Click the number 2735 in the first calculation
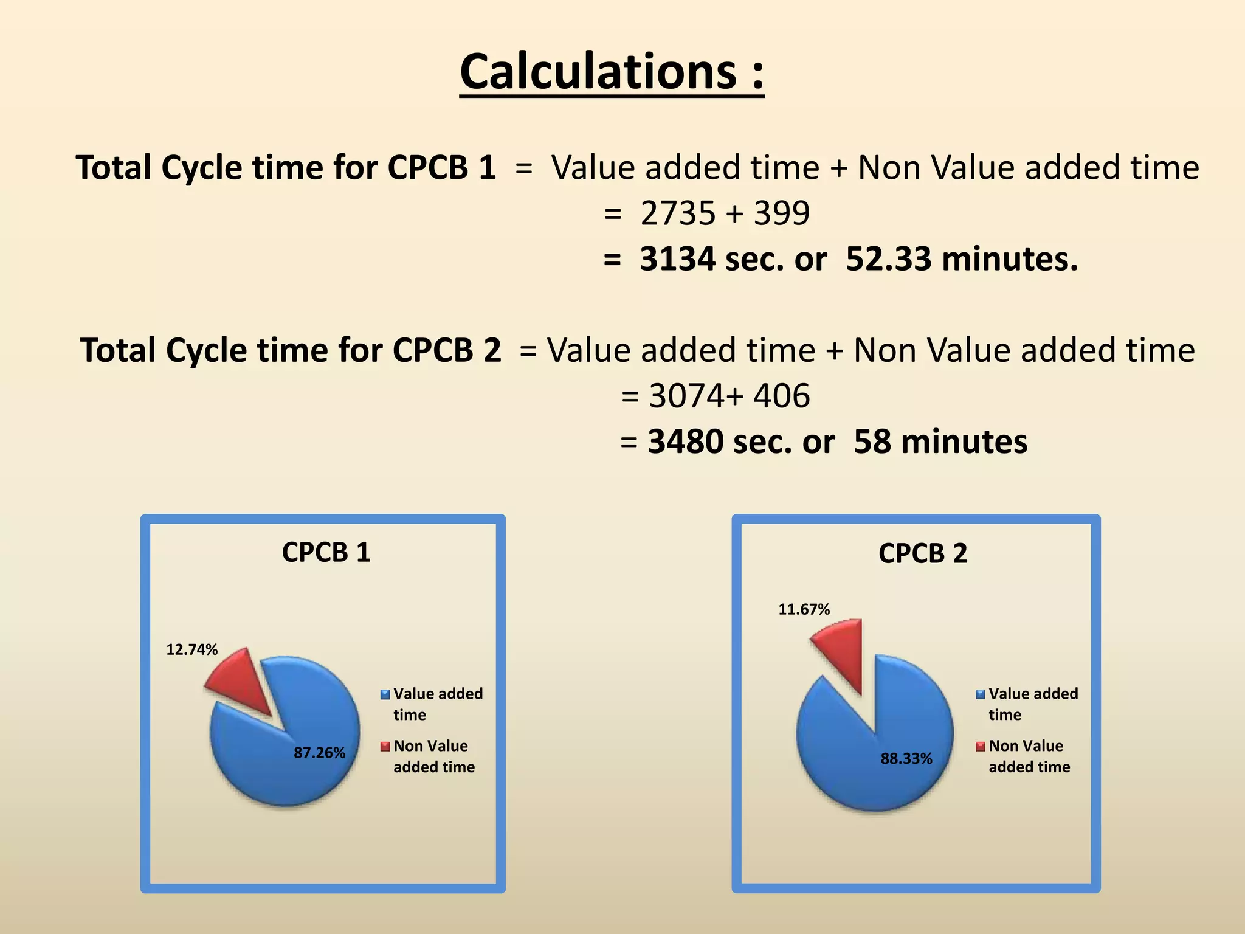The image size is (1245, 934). [x=678, y=213]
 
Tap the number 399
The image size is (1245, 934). [x=782, y=213]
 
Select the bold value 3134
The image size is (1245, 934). [x=678, y=259]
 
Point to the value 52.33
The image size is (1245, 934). [x=888, y=259]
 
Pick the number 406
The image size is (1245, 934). [x=782, y=396]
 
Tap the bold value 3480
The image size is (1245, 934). [x=686, y=441]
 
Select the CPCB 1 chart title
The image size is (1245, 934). [x=326, y=552]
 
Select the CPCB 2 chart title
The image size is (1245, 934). [x=922, y=553]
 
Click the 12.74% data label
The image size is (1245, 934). [x=192, y=649]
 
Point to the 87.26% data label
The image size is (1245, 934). [x=319, y=753]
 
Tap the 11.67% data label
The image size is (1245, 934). [x=804, y=609]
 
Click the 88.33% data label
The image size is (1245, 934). [x=906, y=758]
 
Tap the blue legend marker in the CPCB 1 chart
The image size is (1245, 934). [x=385, y=694]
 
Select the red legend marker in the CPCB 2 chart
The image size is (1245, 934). [x=980, y=747]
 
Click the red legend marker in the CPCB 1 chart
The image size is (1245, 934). [x=385, y=747]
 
